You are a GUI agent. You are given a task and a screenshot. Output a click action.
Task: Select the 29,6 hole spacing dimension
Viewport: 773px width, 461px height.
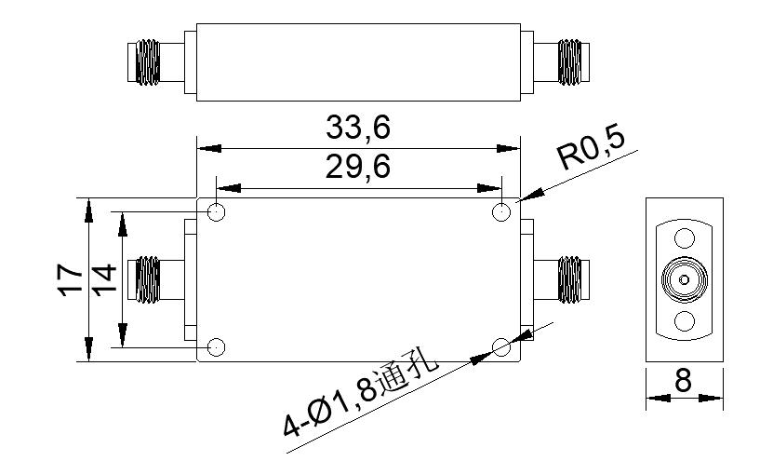point(358,168)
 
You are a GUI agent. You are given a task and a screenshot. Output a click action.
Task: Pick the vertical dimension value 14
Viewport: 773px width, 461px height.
point(104,278)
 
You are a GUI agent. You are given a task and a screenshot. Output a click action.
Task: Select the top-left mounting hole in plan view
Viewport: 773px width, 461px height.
point(216,212)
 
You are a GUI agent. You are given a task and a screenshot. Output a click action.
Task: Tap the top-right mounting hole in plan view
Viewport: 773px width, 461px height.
point(501,212)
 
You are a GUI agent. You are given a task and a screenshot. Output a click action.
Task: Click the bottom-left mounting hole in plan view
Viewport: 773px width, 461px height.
point(216,346)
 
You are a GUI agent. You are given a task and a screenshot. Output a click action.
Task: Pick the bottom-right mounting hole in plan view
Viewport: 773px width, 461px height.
point(501,346)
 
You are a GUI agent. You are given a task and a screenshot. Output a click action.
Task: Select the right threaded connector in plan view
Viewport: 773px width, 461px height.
point(569,279)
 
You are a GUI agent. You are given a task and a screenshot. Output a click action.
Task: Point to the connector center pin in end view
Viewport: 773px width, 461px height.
point(684,279)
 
